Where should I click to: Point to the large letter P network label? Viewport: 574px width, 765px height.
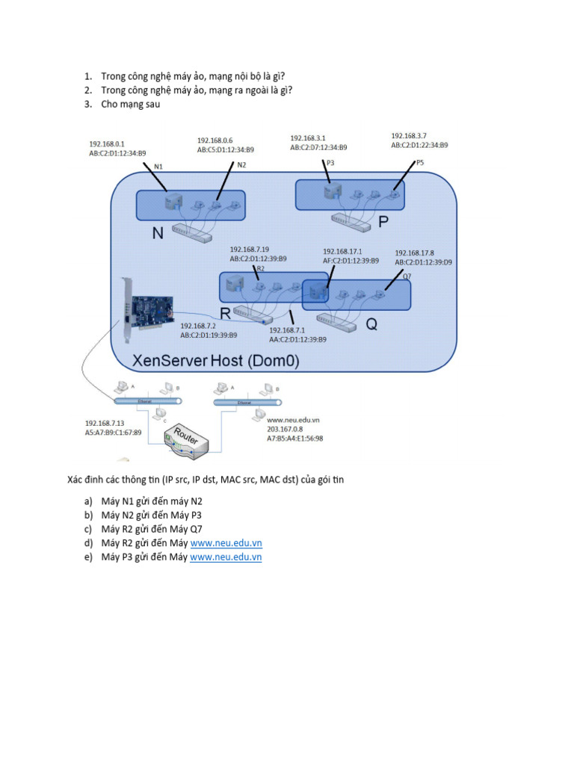tap(384, 222)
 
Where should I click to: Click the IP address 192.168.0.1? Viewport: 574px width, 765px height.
tap(107, 143)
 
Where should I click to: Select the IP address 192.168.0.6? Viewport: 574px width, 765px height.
tap(215, 140)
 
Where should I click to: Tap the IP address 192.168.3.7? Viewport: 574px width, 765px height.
tap(409, 136)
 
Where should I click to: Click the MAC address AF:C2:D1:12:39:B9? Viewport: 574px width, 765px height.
tap(351, 261)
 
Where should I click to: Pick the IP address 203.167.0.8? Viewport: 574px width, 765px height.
tap(285, 429)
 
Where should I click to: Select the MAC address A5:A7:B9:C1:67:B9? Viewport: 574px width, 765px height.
tap(113, 433)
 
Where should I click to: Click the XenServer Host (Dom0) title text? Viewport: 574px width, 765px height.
tap(215, 361)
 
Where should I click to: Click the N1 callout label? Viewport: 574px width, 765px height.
tap(158, 166)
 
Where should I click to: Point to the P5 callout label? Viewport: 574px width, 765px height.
tap(419, 162)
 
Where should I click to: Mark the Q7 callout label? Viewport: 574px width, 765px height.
tap(407, 276)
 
